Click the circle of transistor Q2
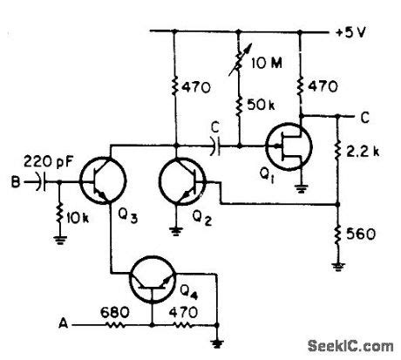point(182,183)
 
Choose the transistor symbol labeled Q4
point(153,281)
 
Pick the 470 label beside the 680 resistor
point(183,309)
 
